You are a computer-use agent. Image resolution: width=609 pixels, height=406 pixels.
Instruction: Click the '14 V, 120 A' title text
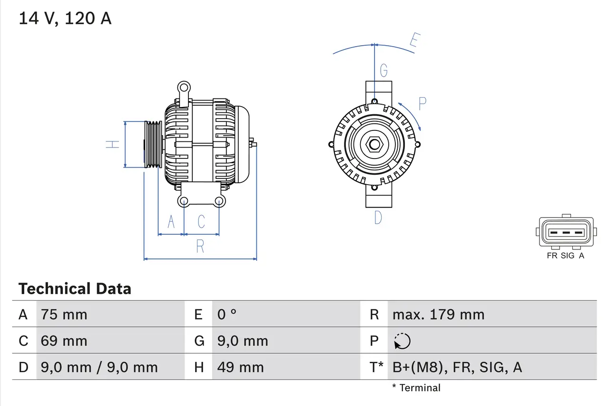point(65,18)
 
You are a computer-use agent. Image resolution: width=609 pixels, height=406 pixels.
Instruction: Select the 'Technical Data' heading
point(75,289)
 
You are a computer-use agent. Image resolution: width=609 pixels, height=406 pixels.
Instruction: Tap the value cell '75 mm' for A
point(64,315)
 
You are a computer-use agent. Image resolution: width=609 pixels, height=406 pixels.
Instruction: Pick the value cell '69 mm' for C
point(64,341)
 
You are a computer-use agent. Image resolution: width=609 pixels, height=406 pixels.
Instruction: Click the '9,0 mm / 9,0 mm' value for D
point(99,367)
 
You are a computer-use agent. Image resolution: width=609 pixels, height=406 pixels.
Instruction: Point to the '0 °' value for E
point(227,315)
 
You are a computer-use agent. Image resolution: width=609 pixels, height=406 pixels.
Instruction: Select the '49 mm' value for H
point(240,367)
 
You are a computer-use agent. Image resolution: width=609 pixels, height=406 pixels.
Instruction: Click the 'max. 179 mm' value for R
point(438,315)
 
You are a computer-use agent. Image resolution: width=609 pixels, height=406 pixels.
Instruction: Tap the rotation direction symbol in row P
point(402,341)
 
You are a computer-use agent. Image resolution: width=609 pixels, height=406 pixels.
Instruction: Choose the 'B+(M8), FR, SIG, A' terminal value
point(457,367)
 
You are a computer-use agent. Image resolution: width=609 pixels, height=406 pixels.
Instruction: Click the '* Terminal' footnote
point(416,388)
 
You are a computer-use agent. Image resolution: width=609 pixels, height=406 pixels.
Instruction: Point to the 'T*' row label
point(376,367)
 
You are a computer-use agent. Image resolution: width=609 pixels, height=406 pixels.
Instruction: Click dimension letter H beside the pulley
point(112,144)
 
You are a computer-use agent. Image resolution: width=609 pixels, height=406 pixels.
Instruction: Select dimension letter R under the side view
point(200,246)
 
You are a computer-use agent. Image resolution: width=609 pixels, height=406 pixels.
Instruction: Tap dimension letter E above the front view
point(414,42)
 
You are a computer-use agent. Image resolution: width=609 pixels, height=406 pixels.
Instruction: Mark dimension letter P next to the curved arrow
point(422,103)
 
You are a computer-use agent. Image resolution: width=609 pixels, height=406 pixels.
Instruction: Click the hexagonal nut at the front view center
point(374,144)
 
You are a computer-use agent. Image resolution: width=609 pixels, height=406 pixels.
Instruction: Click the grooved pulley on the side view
point(153,144)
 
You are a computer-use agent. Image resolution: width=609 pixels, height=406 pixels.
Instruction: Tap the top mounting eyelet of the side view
point(184,87)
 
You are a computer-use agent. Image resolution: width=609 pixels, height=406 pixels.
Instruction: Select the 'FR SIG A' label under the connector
point(566,256)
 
